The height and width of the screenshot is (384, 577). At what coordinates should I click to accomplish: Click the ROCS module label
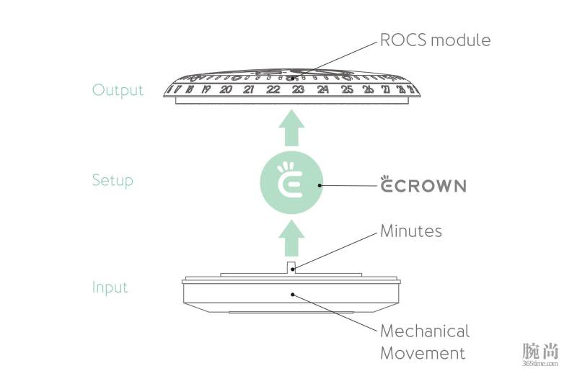point(435,40)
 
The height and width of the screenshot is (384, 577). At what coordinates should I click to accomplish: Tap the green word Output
point(118,90)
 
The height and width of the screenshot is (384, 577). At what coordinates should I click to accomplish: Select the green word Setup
point(113,180)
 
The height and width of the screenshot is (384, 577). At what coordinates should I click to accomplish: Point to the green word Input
point(110,287)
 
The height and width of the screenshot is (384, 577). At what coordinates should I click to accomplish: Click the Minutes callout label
point(411,231)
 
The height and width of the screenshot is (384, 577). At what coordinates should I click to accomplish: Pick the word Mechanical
point(425,331)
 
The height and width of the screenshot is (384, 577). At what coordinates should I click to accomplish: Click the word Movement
point(423,353)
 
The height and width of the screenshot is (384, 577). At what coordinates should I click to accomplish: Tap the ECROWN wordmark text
point(423,186)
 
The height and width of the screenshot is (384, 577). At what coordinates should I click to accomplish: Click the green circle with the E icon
point(291,184)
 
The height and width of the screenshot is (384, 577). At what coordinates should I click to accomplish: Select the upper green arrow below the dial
point(291,128)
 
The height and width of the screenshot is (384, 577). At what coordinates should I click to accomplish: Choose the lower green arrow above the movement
point(291,238)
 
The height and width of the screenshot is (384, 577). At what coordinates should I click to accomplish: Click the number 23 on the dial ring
point(297,89)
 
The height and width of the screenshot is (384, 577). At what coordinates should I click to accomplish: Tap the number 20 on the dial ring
point(226,89)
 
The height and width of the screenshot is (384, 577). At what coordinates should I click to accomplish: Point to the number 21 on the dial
point(249,89)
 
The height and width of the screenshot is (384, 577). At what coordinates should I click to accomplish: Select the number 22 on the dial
point(273,89)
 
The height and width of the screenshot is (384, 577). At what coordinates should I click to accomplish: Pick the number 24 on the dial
point(322,89)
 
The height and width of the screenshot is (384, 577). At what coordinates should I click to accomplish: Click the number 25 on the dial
point(347,89)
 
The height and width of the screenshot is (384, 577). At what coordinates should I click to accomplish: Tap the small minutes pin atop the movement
point(291,267)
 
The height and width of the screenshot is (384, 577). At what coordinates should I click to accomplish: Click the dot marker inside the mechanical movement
point(291,293)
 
